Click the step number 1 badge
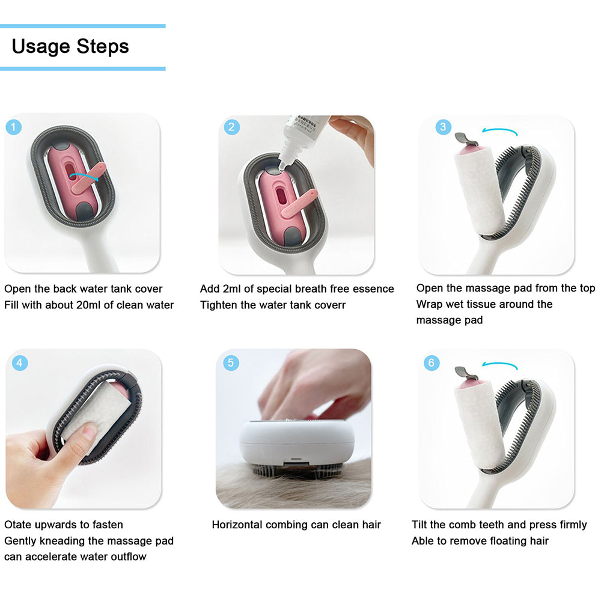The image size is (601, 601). [14, 127]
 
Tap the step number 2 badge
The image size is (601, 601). [231, 127]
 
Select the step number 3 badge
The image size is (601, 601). [444, 127]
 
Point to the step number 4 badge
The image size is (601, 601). [20, 362]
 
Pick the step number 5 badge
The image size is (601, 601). [231, 362]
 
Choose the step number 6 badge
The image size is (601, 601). [432, 362]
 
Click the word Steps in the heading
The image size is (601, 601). [103, 47]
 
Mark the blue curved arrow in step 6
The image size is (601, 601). [500, 365]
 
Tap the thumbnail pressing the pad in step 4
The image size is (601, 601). [90, 432]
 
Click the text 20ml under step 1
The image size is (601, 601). [88, 305]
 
